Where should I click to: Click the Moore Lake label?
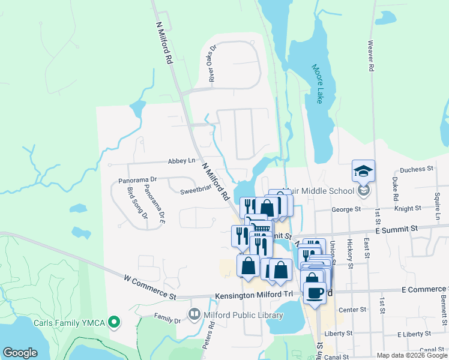click(x=318, y=84)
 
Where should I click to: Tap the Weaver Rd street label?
click(x=371, y=56)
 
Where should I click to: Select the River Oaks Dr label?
click(x=211, y=67)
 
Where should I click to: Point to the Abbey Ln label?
click(x=182, y=161)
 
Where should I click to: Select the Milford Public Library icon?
click(x=194, y=314)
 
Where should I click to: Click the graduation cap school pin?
click(x=363, y=171)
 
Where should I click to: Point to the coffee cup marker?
click(x=315, y=292)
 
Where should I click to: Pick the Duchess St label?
click(x=417, y=169)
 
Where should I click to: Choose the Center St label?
click(x=352, y=310)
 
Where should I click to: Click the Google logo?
click(x=20, y=353)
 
